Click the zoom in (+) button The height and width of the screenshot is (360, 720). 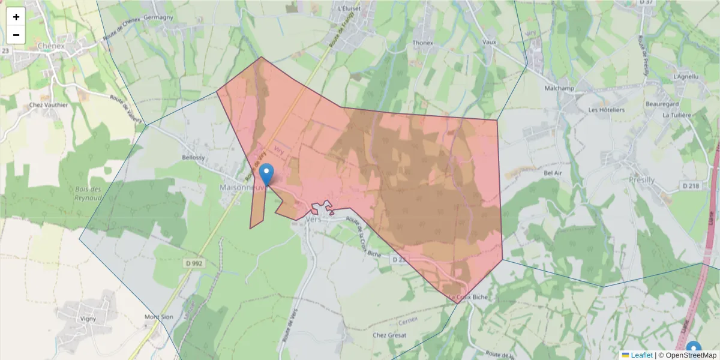pos(16,17)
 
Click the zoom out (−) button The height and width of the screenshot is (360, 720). pos(16,35)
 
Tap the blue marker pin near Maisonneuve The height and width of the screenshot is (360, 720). pos(267,174)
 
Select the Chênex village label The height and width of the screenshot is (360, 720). pos(50,45)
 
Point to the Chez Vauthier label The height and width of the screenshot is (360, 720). pos(49,104)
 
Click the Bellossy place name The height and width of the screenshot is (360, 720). pos(193,158)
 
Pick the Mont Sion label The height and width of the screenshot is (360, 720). pos(158,317)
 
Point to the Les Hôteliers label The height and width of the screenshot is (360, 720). pos(607,110)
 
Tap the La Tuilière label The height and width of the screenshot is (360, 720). pos(677,115)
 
